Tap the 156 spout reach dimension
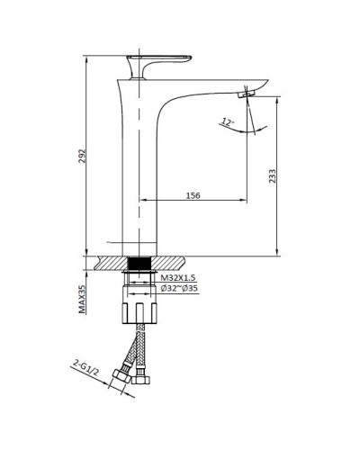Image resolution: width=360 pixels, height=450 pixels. (x=192, y=191)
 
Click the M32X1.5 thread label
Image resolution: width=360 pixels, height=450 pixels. (x=177, y=280)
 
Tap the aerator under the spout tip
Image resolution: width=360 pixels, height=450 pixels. (x=246, y=94)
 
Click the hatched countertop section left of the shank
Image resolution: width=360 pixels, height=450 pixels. (x=108, y=263)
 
